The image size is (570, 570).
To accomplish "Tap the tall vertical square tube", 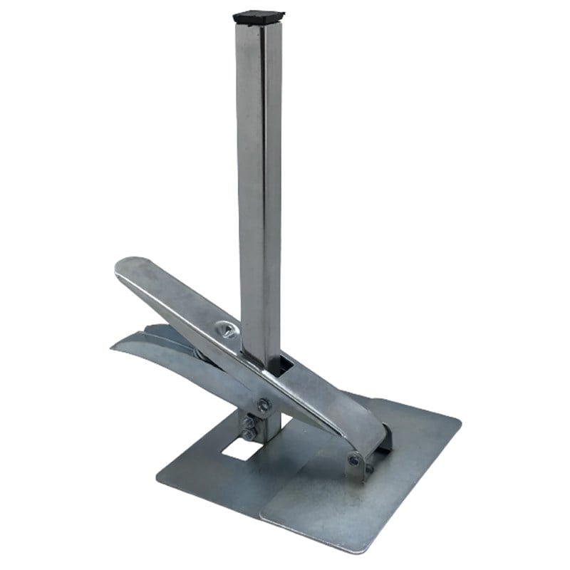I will (x=258, y=178).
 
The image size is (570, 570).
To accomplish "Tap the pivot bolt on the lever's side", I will (x=264, y=404).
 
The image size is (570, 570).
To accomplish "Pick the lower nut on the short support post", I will (x=248, y=435).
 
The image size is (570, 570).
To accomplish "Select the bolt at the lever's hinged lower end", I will (x=354, y=460).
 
